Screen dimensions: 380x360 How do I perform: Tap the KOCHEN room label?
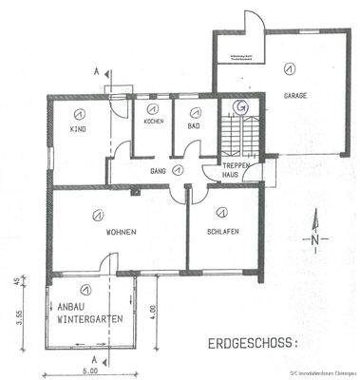tap(154, 123)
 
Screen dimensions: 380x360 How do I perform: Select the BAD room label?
tap(191, 123)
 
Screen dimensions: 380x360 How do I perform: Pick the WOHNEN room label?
tap(121, 233)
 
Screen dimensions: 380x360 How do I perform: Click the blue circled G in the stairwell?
tap(242, 107)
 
